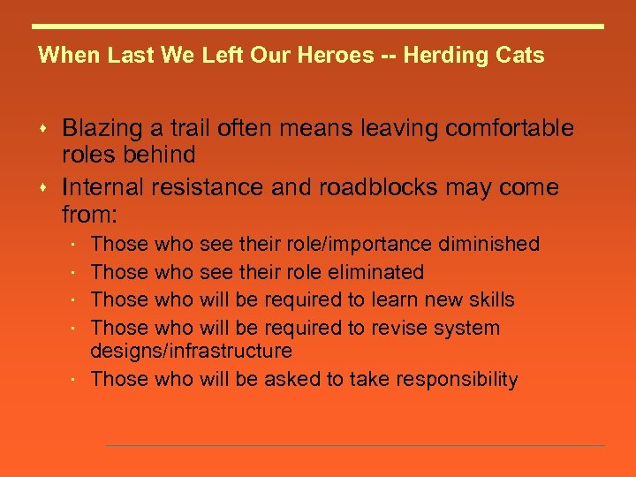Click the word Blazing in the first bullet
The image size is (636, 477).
click(102, 129)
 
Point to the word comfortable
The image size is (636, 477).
click(510, 129)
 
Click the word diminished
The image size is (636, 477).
click(488, 244)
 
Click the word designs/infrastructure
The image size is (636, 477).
click(192, 351)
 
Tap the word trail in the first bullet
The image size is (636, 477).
click(188, 129)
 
